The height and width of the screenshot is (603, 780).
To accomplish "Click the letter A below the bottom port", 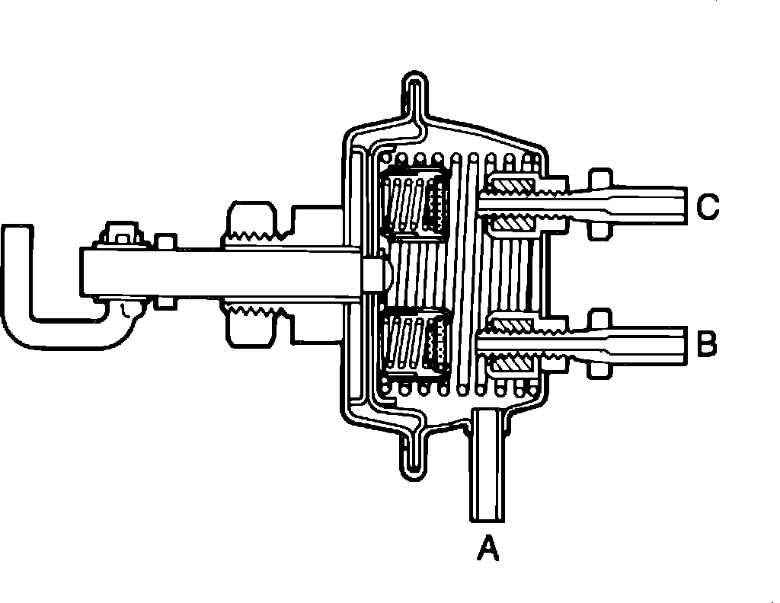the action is click(x=487, y=547).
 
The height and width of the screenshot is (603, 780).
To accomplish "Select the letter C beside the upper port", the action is click(x=708, y=206).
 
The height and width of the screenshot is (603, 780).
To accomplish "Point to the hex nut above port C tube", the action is click(x=599, y=178).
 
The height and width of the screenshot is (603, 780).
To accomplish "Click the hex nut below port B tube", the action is click(x=599, y=368).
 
